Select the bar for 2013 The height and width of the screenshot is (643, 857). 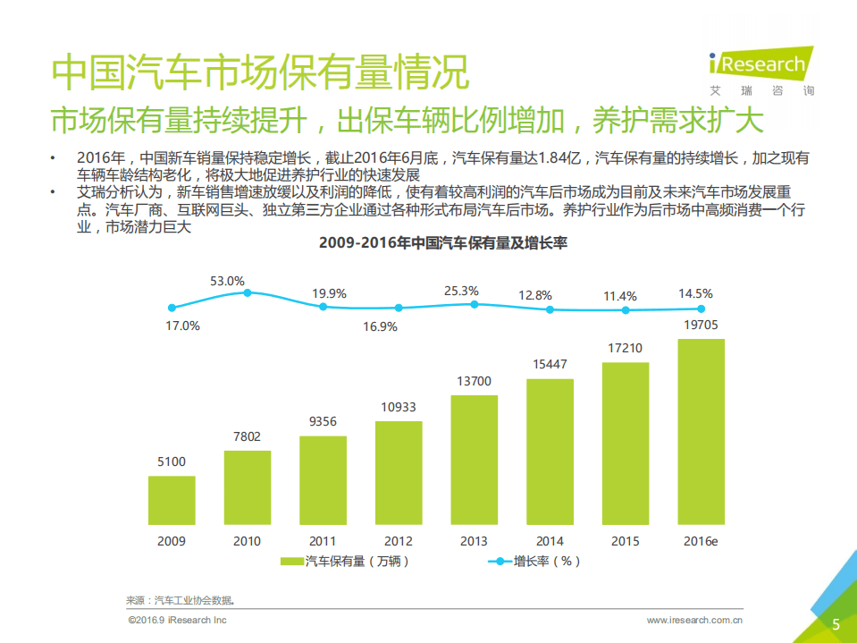pos(474,460)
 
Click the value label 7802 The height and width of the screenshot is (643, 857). pos(247,436)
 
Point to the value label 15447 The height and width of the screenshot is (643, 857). pos(550,365)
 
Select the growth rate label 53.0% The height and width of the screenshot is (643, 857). pos(227,281)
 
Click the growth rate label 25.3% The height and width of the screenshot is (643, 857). pos(461,291)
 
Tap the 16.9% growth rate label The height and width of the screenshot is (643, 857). pos(380,326)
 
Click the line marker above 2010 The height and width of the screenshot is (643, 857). pos(248,292)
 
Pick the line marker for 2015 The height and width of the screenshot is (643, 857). pos(626,310)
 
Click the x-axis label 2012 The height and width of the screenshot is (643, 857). pos(399,541)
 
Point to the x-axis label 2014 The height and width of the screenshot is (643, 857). pos(550,541)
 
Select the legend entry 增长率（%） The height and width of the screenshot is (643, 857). pos(536,562)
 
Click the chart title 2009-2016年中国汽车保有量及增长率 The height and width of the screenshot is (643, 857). pos(444,243)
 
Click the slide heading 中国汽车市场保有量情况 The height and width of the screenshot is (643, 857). pos(259,72)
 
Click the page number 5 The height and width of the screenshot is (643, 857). pos(836,624)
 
